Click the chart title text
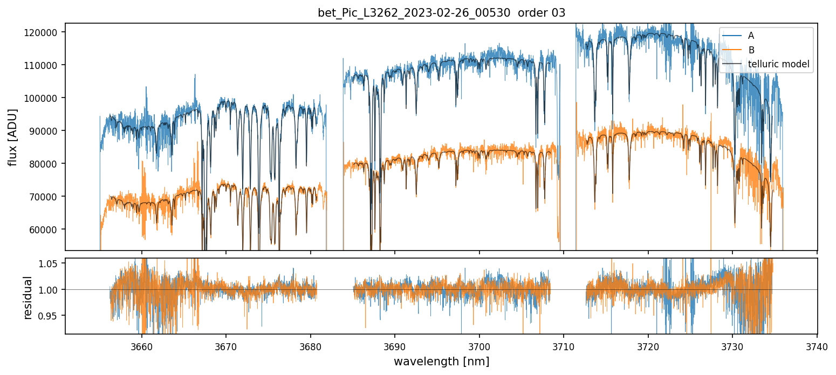[x=441, y=13]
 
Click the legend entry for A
[x=751, y=36]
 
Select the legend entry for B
[x=751, y=50]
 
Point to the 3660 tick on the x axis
[x=142, y=346]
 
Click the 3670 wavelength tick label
[x=226, y=346]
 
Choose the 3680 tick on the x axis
[x=311, y=346]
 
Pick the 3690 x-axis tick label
[x=395, y=346]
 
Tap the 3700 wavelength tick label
[x=479, y=346]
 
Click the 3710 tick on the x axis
[x=564, y=346]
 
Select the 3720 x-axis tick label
[x=648, y=346]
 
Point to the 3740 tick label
[x=817, y=346]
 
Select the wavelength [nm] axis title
[x=441, y=362]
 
